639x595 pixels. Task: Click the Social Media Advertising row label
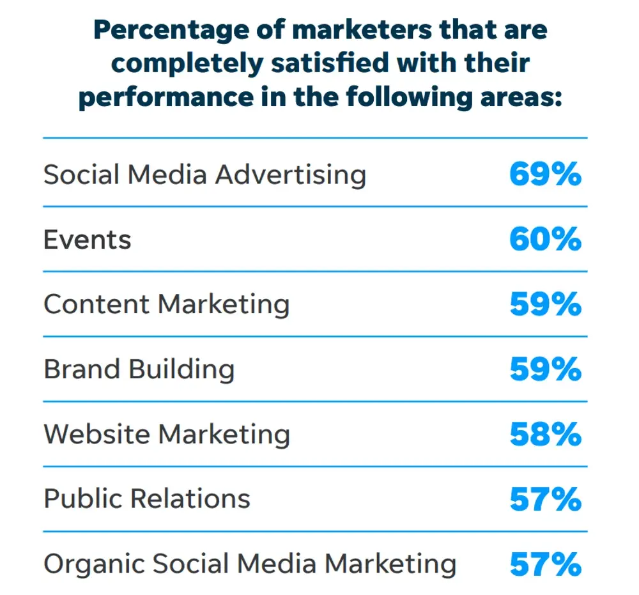tap(204, 174)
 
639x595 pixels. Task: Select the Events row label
tap(88, 240)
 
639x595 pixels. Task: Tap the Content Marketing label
tap(166, 305)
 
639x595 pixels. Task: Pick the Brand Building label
tap(139, 369)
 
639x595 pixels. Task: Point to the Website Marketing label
tap(166, 435)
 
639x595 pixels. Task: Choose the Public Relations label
tap(147, 499)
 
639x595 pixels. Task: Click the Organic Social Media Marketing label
tap(250, 564)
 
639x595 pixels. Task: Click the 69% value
tap(545, 174)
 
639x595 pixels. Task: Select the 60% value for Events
tap(545, 240)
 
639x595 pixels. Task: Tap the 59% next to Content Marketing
tap(545, 305)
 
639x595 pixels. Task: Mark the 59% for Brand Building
tap(545, 369)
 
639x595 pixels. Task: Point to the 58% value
tap(545, 435)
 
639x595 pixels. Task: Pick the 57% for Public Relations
tap(545, 499)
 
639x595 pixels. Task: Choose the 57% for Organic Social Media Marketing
tap(545, 564)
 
